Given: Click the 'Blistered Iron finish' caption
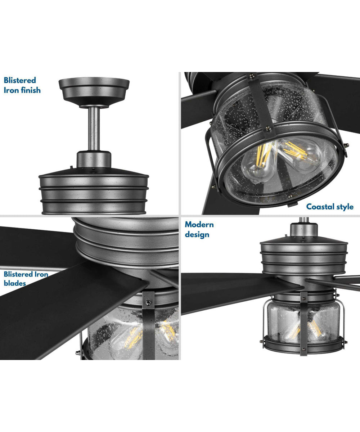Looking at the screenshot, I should click(x=22, y=85).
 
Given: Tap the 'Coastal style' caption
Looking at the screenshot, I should click(x=330, y=207).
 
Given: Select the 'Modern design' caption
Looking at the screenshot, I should click(x=199, y=230).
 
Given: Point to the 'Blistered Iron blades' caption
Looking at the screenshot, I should click(x=26, y=279).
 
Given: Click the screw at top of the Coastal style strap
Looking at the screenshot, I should click(x=251, y=76).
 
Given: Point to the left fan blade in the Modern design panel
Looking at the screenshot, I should click(x=230, y=288).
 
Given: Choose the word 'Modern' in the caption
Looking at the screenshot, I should click(x=199, y=225).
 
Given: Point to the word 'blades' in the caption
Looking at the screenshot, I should click(x=15, y=283).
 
